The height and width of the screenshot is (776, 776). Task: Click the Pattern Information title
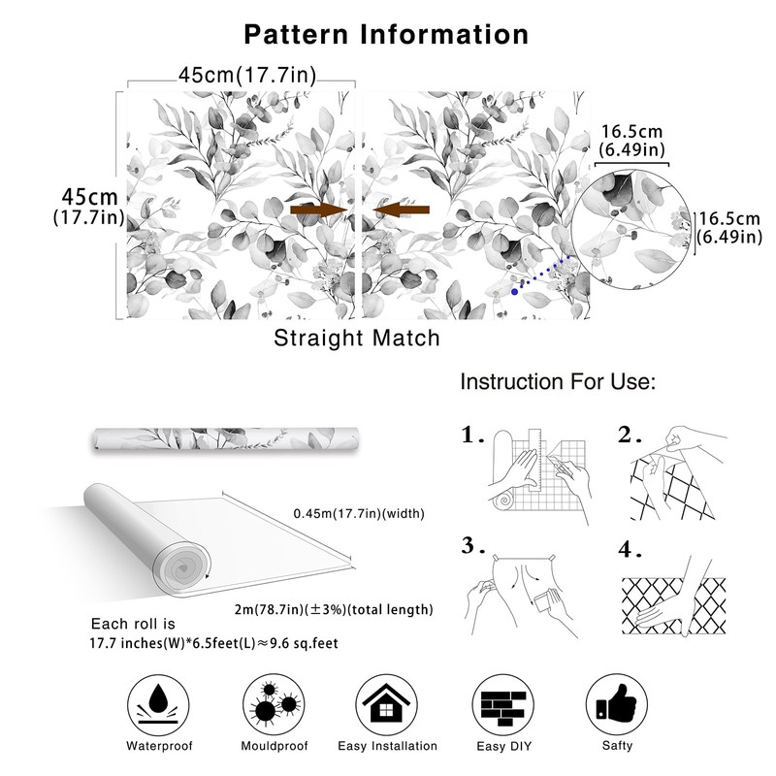(x=386, y=34)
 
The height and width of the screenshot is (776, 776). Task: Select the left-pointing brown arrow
(x=401, y=210)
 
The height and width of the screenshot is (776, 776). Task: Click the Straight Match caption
(x=357, y=339)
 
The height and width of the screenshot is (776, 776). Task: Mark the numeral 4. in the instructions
(x=631, y=551)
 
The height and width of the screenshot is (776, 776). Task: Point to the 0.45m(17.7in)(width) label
(x=358, y=513)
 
